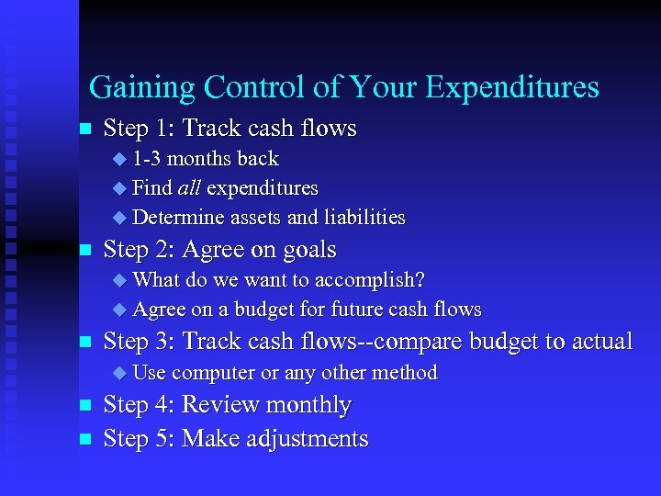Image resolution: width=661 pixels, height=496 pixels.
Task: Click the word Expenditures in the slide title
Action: [x=512, y=87]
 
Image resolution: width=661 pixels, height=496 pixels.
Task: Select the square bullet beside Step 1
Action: [x=85, y=128]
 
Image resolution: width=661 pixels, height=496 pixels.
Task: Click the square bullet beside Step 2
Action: [x=85, y=250]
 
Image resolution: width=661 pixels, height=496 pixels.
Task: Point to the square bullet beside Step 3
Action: [x=85, y=343]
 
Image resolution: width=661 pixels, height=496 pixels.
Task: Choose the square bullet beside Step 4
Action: [x=85, y=405]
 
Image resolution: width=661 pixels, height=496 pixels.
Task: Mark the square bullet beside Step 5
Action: [x=85, y=439]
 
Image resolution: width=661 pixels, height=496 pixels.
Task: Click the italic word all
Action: [x=188, y=188]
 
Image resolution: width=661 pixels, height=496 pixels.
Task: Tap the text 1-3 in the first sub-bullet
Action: [x=147, y=159]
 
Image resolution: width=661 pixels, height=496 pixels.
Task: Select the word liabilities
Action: [x=361, y=218]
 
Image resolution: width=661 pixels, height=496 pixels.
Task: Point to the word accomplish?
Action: [x=371, y=279]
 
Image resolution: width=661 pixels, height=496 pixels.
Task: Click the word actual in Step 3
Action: [x=598, y=342]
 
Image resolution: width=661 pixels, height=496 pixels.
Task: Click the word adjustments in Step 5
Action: [x=308, y=439]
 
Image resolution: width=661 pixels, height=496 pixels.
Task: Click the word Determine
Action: [x=179, y=218]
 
